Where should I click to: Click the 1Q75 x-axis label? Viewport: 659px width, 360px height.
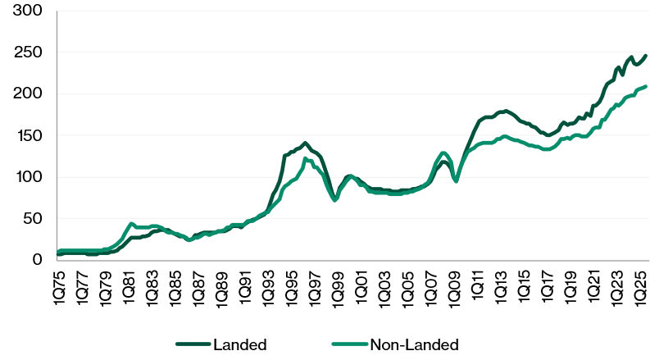(59, 284)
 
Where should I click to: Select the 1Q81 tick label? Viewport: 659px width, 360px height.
(129, 284)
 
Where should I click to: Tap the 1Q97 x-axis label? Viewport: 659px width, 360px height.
(314, 284)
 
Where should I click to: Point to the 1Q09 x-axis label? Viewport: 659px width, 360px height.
(453, 284)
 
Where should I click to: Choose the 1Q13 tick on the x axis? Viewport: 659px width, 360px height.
(499, 284)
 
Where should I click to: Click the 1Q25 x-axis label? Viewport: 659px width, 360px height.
(639, 284)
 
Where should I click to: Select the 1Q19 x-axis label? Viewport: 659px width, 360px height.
(569, 284)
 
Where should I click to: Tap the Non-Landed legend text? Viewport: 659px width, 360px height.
(415, 344)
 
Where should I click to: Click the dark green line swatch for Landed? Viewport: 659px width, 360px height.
(193, 344)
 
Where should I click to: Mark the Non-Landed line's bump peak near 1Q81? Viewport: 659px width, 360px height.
(131, 223)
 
